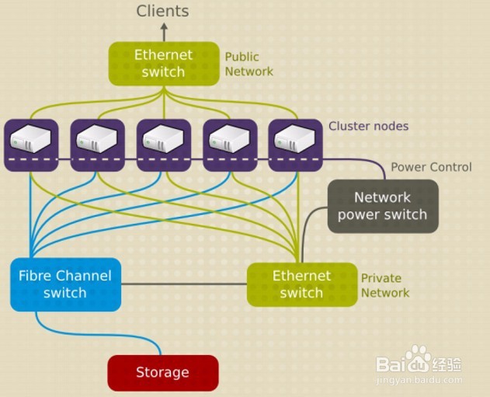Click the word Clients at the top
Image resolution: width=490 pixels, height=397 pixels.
pyautogui.click(x=162, y=11)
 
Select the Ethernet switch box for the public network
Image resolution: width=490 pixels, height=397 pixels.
pyautogui.click(x=163, y=63)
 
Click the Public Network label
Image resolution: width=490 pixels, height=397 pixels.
pyautogui.click(x=248, y=64)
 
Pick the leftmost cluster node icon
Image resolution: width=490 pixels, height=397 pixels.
pyautogui.click(x=31, y=140)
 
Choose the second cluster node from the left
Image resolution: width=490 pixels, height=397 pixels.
pyautogui.click(x=97, y=140)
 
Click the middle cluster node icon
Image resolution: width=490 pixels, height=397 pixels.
pyautogui.click(x=164, y=140)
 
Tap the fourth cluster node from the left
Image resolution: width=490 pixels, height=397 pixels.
pyautogui.click(x=231, y=140)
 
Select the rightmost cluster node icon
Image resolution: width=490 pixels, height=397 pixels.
pyautogui.click(x=296, y=140)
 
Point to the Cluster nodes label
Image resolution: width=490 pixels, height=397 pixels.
pyautogui.click(x=368, y=126)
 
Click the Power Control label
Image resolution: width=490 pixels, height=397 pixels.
pyautogui.click(x=430, y=167)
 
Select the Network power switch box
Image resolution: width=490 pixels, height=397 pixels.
pyautogui.click(x=383, y=206)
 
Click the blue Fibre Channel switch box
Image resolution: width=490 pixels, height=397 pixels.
pyautogui.click(x=65, y=284)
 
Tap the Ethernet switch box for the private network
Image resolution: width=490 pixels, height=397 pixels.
pyautogui.click(x=301, y=284)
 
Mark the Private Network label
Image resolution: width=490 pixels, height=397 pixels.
pyautogui.click(x=384, y=285)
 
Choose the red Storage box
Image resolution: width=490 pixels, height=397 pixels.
pyautogui.click(x=162, y=372)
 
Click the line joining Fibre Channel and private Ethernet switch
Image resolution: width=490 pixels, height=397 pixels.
pyautogui.click(x=184, y=284)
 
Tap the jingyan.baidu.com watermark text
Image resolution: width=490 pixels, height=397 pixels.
pyautogui.click(x=419, y=381)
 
